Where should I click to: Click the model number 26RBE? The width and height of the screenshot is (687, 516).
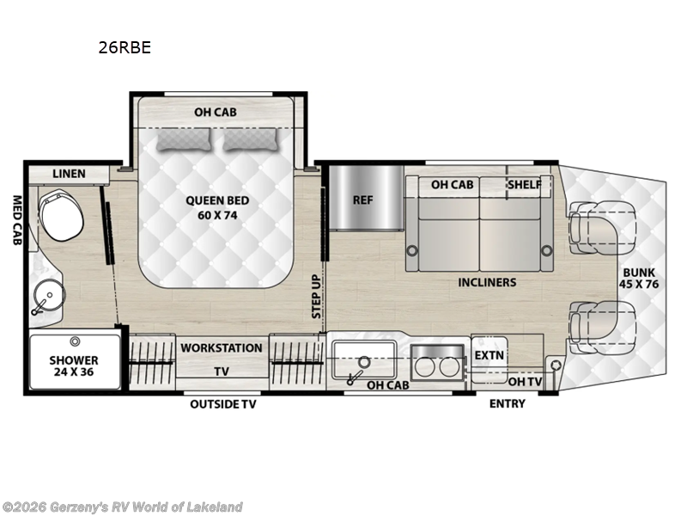point(125,48)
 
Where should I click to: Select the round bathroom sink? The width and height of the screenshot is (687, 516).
point(48,298)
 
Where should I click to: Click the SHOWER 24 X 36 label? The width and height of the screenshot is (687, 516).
point(73,366)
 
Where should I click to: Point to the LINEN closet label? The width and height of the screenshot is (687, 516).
point(69,174)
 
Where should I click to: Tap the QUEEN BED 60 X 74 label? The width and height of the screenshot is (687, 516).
point(217,208)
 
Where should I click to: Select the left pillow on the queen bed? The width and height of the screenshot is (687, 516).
point(182,139)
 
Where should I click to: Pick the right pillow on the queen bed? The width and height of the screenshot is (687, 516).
point(252,139)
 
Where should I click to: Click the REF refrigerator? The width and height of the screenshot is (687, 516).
point(362,200)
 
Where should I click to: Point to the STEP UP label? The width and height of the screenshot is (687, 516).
point(316,297)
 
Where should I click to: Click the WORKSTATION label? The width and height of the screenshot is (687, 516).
point(221,348)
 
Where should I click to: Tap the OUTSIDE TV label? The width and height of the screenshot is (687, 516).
point(223,404)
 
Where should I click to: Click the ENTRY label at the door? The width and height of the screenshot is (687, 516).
point(507,404)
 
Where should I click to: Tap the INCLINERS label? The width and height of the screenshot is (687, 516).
point(487,282)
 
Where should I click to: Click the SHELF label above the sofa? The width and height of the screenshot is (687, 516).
point(525,185)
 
